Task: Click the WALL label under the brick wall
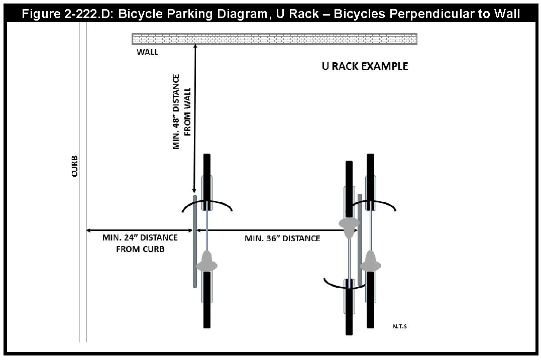tap(147, 52)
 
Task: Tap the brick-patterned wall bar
tap(274, 39)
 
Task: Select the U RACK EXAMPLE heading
tap(365, 66)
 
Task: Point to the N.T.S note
tap(400, 327)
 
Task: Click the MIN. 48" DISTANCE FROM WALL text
tap(182, 112)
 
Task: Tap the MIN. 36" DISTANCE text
tap(282, 238)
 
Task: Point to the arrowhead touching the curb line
tap(89, 230)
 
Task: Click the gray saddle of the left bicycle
tap(206, 262)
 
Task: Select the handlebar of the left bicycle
tap(206, 205)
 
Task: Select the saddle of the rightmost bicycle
tap(371, 261)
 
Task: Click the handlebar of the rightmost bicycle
tap(372, 205)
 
